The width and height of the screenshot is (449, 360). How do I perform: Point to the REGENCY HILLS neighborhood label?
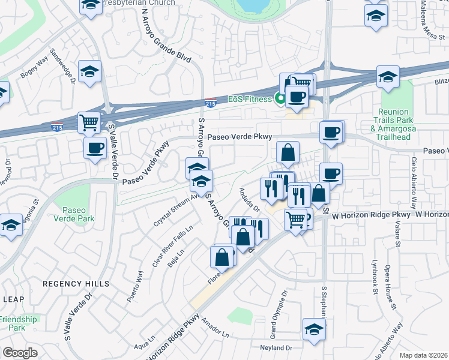(76, 283)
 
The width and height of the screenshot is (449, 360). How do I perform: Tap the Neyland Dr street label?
(276, 347)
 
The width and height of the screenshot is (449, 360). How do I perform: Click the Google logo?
(20, 352)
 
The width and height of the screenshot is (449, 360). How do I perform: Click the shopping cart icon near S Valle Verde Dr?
(89, 123)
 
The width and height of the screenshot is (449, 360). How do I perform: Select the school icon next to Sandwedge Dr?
(89, 71)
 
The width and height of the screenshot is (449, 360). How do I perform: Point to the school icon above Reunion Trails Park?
(388, 77)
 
